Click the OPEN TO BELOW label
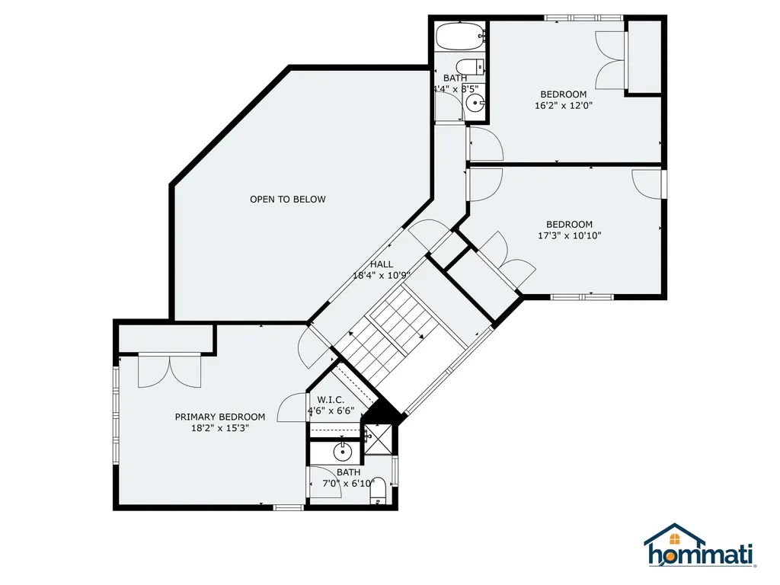coord(287,200)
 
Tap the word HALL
coord(382,264)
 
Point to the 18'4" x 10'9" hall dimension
coord(382,276)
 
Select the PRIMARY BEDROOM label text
coord(220,417)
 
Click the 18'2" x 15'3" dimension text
coord(220,428)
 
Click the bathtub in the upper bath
coord(459,35)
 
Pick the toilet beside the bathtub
coord(472,66)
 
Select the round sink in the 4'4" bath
coord(476,104)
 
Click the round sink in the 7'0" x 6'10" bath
coord(344,451)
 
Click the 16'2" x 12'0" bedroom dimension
coord(563,106)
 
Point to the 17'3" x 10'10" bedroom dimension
coord(569,235)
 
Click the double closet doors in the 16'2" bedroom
coord(611,61)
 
